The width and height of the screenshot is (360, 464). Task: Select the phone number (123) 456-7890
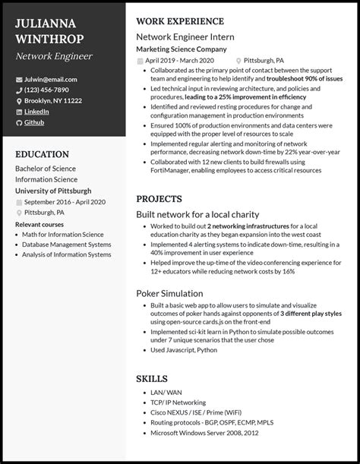[52, 90]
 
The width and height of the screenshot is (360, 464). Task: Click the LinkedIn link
[37, 112]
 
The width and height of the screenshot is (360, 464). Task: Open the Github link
[35, 122]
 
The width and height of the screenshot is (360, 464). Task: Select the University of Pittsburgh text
[53, 191]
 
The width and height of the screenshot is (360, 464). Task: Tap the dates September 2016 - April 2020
[65, 202]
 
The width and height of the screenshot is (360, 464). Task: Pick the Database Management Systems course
[68, 244]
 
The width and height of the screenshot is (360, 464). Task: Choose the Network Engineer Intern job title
[185, 36]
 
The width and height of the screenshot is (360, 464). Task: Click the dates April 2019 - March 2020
[181, 60]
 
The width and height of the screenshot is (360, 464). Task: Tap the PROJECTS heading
[157, 198]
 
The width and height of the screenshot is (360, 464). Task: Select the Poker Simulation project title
[169, 292]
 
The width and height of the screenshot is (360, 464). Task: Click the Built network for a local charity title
[197, 215]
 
